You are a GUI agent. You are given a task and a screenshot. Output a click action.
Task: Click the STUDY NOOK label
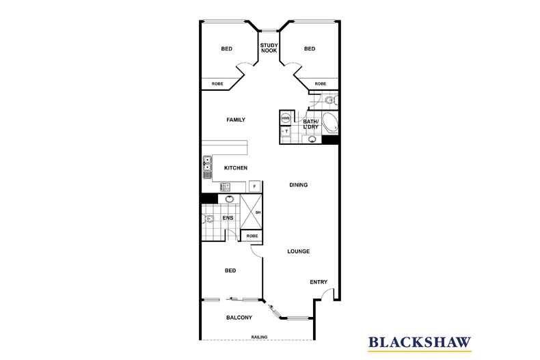[x=269, y=48]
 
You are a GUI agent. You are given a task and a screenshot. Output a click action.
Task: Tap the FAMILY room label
[x=236, y=120]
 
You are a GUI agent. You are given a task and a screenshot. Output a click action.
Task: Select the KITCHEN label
[x=236, y=168]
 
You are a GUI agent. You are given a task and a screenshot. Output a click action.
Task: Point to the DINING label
[x=298, y=184]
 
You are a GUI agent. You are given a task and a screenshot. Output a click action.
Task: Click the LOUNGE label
[x=298, y=251]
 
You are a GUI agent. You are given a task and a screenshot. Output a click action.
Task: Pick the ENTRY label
[x=319, y=282]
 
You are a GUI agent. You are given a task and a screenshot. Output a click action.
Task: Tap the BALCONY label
[x=239, y=317]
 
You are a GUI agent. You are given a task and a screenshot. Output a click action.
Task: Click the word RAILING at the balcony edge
[x=259, y=337]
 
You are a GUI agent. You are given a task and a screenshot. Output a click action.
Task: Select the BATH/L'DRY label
[x=312, y=124]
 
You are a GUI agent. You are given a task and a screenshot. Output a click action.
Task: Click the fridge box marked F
[x=254, y=186]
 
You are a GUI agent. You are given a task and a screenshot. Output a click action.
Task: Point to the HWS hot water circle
[x=286, y=119]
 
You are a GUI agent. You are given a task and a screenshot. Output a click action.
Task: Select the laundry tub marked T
[x=286, y=130]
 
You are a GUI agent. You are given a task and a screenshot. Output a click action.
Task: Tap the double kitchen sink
[x=206, y=167]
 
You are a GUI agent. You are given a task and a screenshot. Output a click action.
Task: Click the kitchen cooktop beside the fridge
[x=227, y=186]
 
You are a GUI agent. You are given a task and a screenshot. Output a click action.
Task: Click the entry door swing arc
[x=329, y=294]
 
